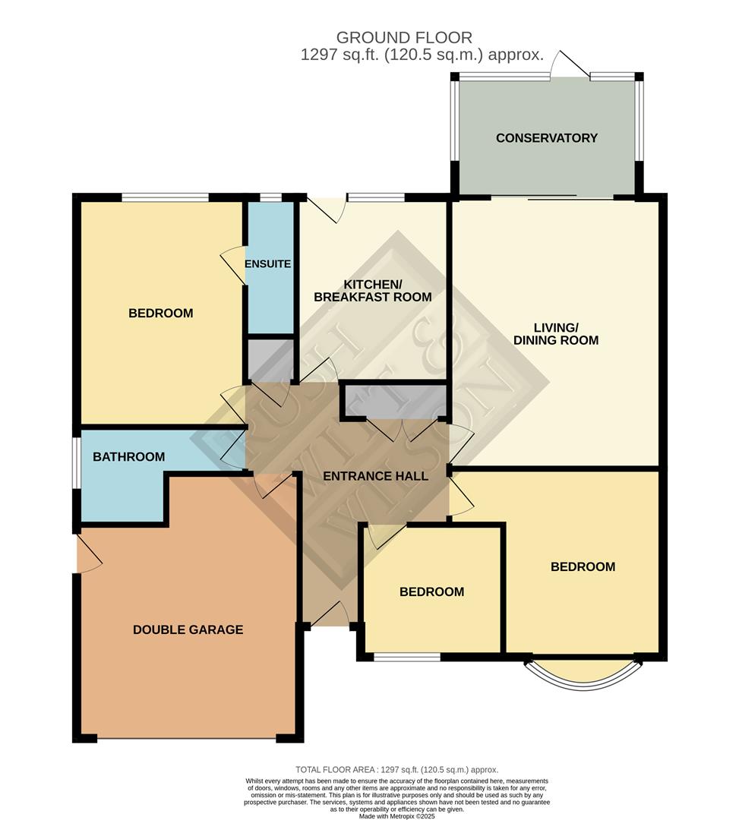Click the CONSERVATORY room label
pos(546,138)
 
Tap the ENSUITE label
pos(267,264)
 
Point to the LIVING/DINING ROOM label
pos(556,333)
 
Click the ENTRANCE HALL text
pos(375,477)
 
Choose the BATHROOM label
pos(128,457)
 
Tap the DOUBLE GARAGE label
pos(188,629)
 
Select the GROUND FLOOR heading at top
pos(404,37)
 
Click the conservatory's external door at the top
pos(570,65)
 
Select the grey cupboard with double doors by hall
pos(395,401)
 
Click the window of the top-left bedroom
pos(165,198)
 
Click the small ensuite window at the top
pos(270,198)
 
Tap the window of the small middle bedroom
pos(407,657)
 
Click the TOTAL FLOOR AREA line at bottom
pos(396,770)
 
